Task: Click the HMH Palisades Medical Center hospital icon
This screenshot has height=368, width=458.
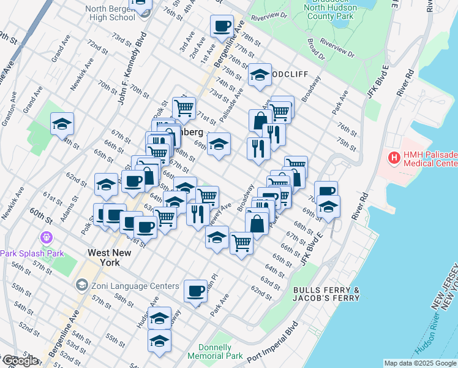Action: coord(394,158)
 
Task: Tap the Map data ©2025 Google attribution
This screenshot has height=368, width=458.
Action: coord(420,363)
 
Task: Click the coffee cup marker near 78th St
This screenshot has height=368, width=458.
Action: coord(222,26)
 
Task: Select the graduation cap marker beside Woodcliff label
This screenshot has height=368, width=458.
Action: coord(260,75)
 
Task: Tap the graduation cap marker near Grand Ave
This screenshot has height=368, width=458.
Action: coord(62,125)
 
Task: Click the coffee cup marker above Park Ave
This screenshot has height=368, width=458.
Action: coord(195,291)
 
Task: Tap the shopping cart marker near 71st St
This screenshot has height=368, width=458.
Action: coord(184,109)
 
